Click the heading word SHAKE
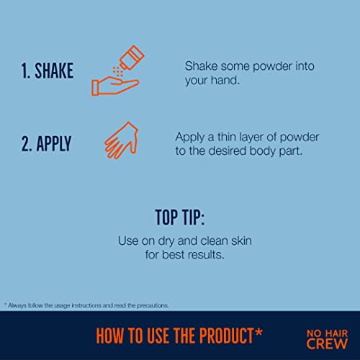[x=54, y=71]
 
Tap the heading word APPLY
[x=54, y=143]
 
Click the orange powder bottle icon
[x=132, y=58]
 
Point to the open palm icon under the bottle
[x=115, y=86]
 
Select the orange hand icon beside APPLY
[x=122, y=141]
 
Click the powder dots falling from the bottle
[x=118, y=71]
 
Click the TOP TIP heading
[x=180, y=217]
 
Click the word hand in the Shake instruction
[x=225, y=80]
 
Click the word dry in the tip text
[x=166, y=241]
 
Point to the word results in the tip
[x=206, y=255]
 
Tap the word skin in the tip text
[x=241, y=240]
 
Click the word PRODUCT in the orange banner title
[x=226, y=336]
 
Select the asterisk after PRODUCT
[x=258, y=333]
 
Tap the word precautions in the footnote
[x=153, y=306]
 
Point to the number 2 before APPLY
[x=26, y=144]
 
